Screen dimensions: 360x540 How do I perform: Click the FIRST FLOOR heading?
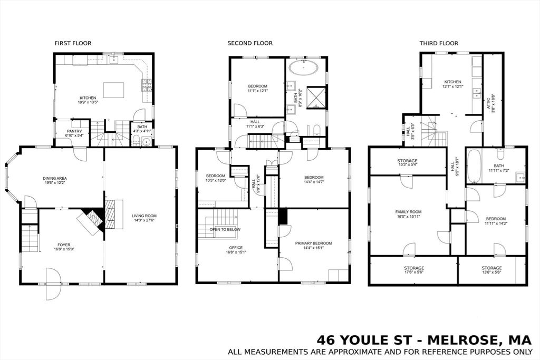tap(73, 43)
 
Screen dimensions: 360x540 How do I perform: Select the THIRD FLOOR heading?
tap(438, 43)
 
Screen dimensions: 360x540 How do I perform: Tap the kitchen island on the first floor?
tap(113, 90)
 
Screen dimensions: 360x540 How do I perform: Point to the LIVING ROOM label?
tap(143, 216)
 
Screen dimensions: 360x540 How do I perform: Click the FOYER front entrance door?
tap(53, 284)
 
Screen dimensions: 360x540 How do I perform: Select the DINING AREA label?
tap(55, 178)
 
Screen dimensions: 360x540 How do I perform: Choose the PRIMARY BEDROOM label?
tap(313, 243)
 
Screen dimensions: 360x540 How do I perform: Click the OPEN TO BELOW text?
tap(225, 230)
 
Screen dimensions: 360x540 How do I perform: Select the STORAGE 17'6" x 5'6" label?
tap(414, 270)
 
